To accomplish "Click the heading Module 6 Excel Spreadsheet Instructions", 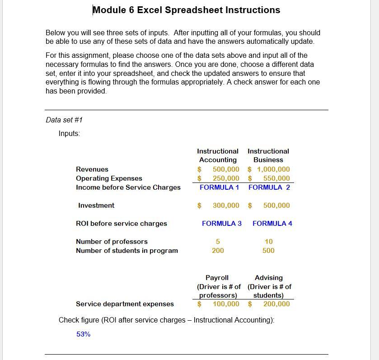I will tap(186, 10).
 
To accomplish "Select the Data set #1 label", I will tap(64, 120).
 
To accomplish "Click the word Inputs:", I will tap(69, 133).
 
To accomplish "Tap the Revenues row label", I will tap(92, 169).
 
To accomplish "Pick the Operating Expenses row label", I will tap(109, 178).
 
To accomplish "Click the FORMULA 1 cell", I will tap(219, 187).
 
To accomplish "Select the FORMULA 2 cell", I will tap(269, 187).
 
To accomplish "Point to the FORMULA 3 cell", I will tap(221, 224).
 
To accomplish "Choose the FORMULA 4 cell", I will tap(272, 224).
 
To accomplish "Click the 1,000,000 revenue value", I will tap(273, 169).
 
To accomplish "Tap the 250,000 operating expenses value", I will tap(226, 178).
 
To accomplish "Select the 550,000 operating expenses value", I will tap(276, 178).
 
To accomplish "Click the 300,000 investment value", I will tap(226, 206).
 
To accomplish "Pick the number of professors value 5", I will tap(218, 242).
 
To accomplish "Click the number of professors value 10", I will tap(268, 242).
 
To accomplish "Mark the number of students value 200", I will tap(218, 251).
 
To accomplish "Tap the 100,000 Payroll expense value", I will tap(226, 304).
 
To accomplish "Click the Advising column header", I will tap(268, 278).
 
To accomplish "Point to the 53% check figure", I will tap(83, 334).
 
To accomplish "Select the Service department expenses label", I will tap(125, 304).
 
